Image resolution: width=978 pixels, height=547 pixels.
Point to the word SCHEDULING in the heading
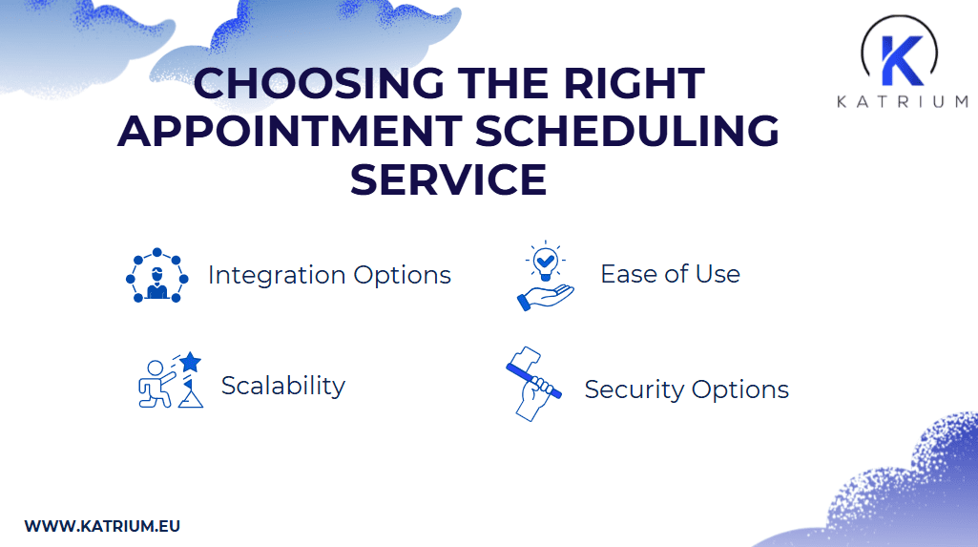point(627,132)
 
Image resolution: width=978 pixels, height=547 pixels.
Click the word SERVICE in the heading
point(448,179)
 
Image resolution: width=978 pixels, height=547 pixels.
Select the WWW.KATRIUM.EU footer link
point(102,526)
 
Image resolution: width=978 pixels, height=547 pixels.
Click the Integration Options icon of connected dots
point(157,276)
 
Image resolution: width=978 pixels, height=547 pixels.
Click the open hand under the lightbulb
point(545,296)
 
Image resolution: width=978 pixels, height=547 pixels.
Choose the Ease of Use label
point(670,274)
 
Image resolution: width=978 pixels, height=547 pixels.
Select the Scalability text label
point(282,386)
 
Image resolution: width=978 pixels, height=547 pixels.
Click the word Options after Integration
point(402,276)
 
